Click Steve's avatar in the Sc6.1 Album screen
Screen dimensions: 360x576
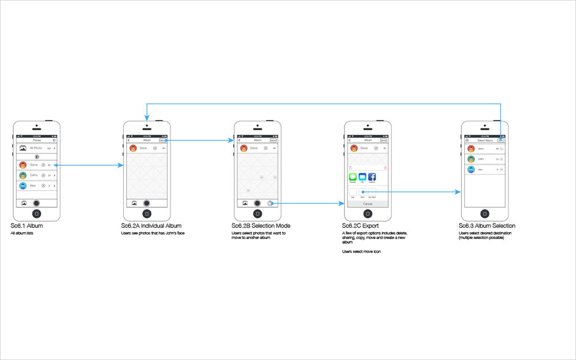coord(22,165)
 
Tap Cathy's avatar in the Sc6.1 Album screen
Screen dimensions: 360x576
coord(22,175)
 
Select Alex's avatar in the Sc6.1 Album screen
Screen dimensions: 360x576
coord(22,185)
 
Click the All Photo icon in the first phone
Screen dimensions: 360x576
coord(22,148)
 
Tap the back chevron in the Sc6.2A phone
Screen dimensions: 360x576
coord(128,140)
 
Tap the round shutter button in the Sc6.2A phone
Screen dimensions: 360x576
coord(147,203)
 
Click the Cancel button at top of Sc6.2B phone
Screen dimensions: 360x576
coord(272,140)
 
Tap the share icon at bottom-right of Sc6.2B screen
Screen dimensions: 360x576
coord(270,203)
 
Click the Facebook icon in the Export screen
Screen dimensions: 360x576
coord(372,177)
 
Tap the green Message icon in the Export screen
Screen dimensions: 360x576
coord(353,177)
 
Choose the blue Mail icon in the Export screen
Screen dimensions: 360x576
coord(362,177)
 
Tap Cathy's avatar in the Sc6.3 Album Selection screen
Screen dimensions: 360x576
coord(471,159)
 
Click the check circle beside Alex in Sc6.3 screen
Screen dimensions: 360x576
coord(502,169)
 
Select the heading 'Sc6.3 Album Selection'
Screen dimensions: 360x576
coord(487,226)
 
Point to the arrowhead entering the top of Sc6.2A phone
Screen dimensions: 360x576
coord(147,118)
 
